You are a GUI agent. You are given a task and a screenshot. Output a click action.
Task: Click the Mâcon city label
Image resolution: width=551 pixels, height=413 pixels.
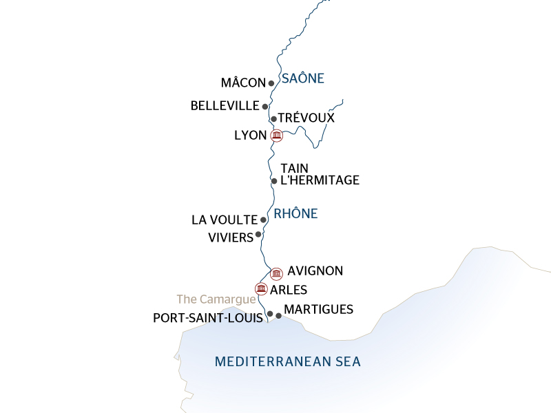tap(242, 83)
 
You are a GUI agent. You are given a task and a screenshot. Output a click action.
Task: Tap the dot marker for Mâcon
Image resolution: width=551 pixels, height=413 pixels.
tap(271, 83)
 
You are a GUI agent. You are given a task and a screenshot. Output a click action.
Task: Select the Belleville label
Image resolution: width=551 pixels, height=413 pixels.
tap(225, 106)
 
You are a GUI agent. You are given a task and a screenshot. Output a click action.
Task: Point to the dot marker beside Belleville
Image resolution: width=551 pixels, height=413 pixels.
tap(265, 107)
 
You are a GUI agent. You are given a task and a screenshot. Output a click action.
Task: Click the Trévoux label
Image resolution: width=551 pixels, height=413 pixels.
tap(306, 118)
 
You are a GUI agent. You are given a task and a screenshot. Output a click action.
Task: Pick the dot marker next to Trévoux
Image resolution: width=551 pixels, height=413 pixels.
tap(273, 119)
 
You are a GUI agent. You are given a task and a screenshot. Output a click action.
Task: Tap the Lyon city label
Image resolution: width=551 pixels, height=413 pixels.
tap(250, 136)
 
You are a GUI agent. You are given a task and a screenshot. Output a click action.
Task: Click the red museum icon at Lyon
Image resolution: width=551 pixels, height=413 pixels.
tap(276, 136)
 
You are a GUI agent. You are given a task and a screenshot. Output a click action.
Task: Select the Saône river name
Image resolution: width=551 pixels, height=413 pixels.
tap(302, 78)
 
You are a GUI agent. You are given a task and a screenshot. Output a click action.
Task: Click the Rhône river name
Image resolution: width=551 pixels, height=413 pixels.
tap(295, 214)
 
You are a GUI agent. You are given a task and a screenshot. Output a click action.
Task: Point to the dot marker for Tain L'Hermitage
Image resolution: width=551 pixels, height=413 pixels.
tap(274, 181)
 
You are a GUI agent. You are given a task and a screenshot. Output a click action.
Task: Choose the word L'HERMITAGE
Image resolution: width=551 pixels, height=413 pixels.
tap(320, 181)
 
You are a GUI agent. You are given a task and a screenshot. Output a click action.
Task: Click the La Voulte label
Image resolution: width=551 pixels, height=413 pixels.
tap(224, 220)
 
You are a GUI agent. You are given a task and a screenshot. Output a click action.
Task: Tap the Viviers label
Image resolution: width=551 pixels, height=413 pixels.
tap(230, 237)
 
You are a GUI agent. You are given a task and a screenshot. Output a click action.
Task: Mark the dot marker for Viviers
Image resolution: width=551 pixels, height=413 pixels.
tap(258, 235)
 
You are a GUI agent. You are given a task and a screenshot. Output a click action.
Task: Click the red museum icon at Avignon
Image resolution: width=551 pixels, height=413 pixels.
tap(276, 273)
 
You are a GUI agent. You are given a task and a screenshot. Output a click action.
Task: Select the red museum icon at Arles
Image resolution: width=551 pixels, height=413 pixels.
tap(261, 288)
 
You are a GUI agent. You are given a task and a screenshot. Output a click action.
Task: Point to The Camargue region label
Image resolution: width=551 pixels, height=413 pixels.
tap(216, 299)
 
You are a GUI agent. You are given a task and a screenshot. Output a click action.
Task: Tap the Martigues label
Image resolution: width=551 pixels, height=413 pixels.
tap(318, 310)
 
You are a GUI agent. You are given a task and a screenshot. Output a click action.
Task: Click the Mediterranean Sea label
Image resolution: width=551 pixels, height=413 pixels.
tap(288, 361)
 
